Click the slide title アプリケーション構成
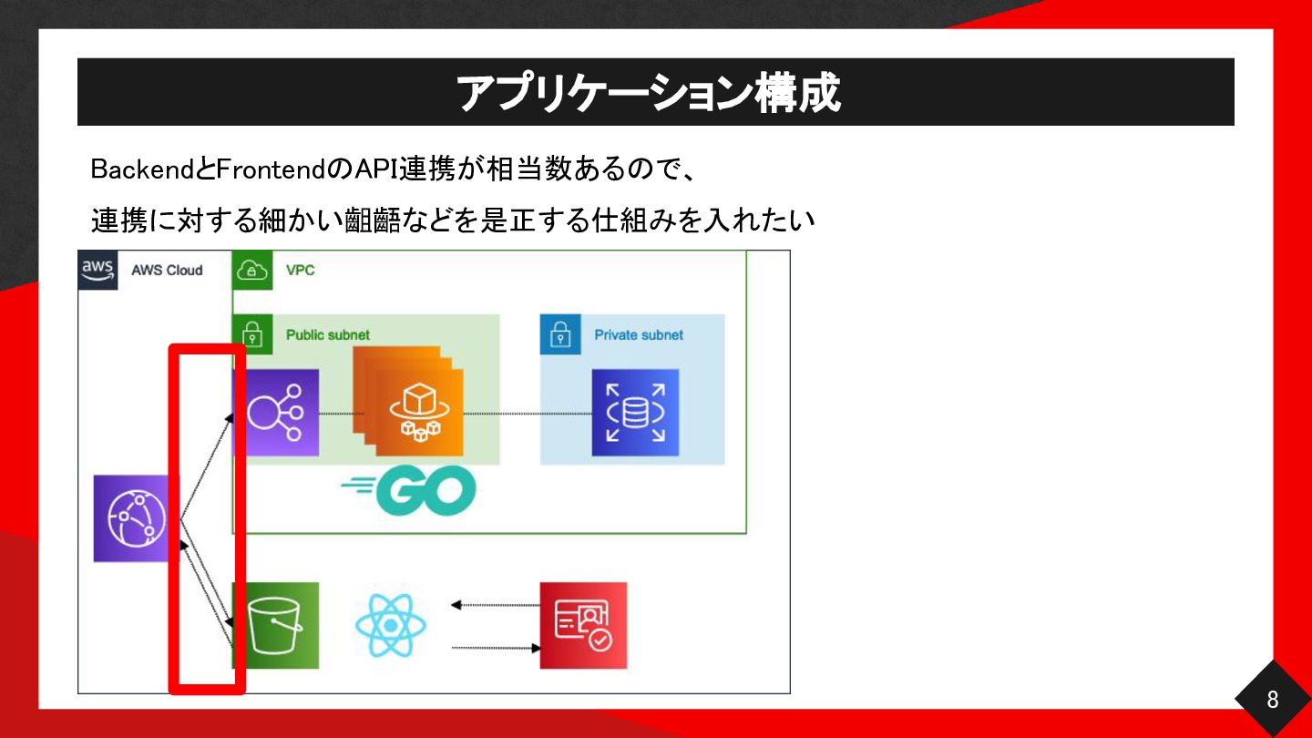pos(649,93)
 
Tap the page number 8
pos(1273,700)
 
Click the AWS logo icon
pos(97,270)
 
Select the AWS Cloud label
pos(167,270)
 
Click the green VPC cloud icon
pos(252,270)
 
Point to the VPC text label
pos(300,270)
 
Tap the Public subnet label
pos(328,335)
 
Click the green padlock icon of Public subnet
pos(252,334)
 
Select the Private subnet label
pos(639,335)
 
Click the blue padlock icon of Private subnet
pos(560,334)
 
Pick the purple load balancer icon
pos(276,413)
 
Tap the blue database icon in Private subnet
pos(636,413)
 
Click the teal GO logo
pos(409,490)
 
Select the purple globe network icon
pos(137,518)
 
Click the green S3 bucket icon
pos(276,626)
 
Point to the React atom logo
pos(391,626)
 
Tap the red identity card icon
pos(583,626)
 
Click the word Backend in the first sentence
pos(142,169)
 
